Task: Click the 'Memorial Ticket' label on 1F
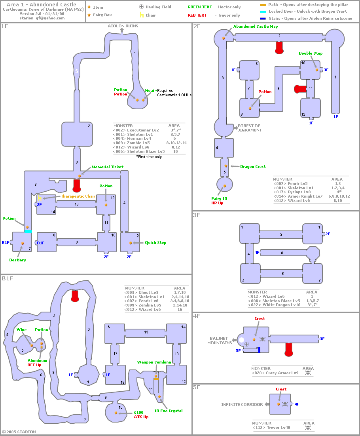click(x=108, y=167)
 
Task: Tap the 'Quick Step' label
click(x=155, y=242)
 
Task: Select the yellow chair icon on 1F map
click(x=40, y=198)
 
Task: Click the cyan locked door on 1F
click(x=28, y=231)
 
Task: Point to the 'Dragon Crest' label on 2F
click(x=253, y=167)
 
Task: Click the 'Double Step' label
click(x=311, y=53)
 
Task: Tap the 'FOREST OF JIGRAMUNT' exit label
click(x=250, y=128)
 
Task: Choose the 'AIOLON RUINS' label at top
click(x=123, y=26)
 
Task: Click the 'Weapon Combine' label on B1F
click(x=154, y=362)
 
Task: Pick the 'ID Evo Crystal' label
click(x=169, y=411)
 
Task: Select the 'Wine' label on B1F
click(x=21, y=330)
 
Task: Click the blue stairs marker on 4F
click(x=259, y=350)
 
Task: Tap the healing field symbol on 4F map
click(x=246, y=344)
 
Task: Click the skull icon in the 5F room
click(x=285, y=404)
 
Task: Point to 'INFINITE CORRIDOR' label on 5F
click(x=242, y=405)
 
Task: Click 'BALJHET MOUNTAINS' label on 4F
click(x=219, y=341)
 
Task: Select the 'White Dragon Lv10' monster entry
click(x=281, y=305)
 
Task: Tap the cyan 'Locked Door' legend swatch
click(x=263, y=11)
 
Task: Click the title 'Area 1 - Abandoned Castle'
click(x=42, y=4)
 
